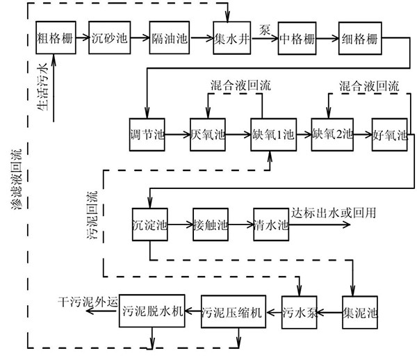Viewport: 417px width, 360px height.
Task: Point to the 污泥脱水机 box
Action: coord(152,311)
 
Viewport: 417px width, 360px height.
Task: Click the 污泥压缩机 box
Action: coord(233,311)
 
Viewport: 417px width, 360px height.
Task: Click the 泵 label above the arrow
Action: coord(265,27)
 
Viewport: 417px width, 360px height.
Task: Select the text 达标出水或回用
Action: coord(334,213)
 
